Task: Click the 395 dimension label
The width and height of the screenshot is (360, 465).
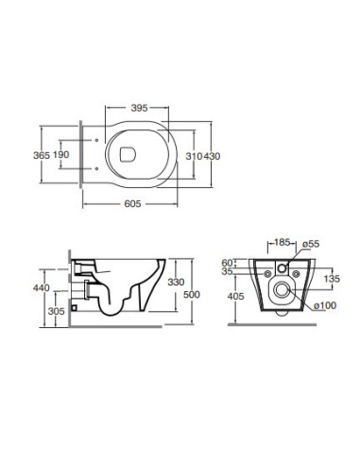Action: click(x=139, y=108)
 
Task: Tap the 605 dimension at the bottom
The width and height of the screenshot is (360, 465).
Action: click(x=132, y=204)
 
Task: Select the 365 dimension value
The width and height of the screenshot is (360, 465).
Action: click(x=42, y=155)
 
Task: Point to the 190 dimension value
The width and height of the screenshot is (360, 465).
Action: click(x=60, y=155)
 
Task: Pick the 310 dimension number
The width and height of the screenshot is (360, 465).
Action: click(x=194, y=156)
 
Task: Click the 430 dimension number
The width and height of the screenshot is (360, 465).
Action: click(x=212, y=156)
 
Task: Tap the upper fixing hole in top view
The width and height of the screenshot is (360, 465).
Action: click(x=96, y=141)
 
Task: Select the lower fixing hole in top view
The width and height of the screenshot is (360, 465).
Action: click(x=96, y=169)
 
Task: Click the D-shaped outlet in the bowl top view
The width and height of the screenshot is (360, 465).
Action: click(x=128, y=154)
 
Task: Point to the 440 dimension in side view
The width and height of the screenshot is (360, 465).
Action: click(x=42, y=288)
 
